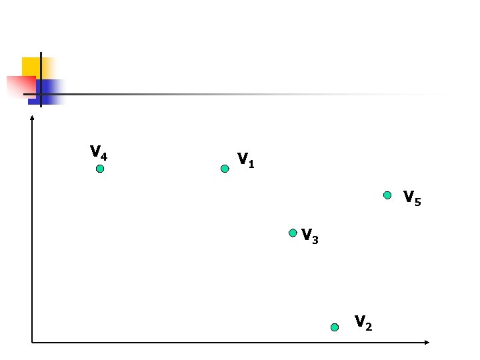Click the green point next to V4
click(x=100, y=169)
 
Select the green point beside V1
click(x=225, y=169)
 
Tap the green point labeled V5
click(x=387, y=195)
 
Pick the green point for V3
click(x=293, y=233)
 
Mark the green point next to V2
click(x=335, y=327)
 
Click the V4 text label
click(x=99, y=153)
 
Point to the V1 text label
click(x=245, y=160)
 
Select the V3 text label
click(x=309, y=236)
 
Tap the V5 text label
click(x=412, y=198)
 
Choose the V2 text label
click(x=363, y=323)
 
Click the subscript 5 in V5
click(x=418, y=201)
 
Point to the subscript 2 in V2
click(x=369, y=326)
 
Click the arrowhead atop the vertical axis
click(x=32, y=118)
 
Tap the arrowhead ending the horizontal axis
click(x=427, y=343)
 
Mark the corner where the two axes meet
click(x=32, y=343)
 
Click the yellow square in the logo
click(x=29, y=66)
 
